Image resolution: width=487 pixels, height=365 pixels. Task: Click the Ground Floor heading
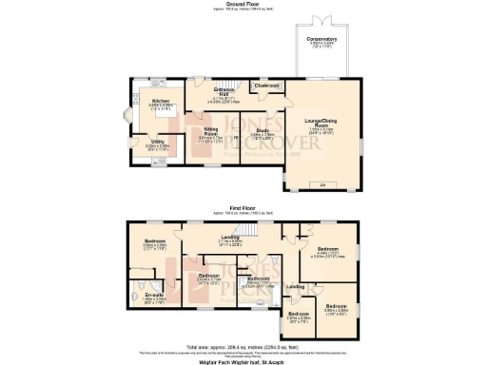point(243,3)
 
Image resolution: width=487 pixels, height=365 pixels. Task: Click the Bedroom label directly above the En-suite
point(155,241)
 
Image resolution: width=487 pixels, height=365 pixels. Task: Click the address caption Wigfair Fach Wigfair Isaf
point(243,361)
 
